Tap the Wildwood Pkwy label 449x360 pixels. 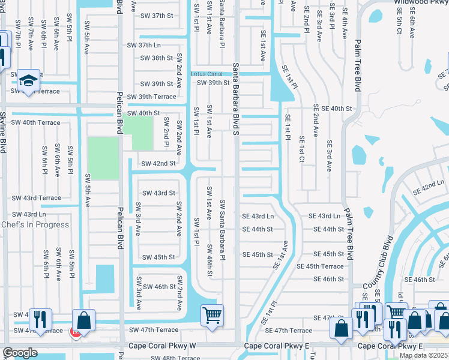click(421, 2)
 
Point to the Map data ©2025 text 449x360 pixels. click(424, 355)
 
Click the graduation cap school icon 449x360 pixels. click(28, 81)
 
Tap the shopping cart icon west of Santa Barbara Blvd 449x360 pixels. click(212, 315)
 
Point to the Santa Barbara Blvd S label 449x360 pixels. click(236, 99)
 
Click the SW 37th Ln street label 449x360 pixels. click(144, 46)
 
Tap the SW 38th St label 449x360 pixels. click(156, 58)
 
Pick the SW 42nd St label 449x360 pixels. click(158, 163)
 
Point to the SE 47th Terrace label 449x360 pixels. click(293, 331)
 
